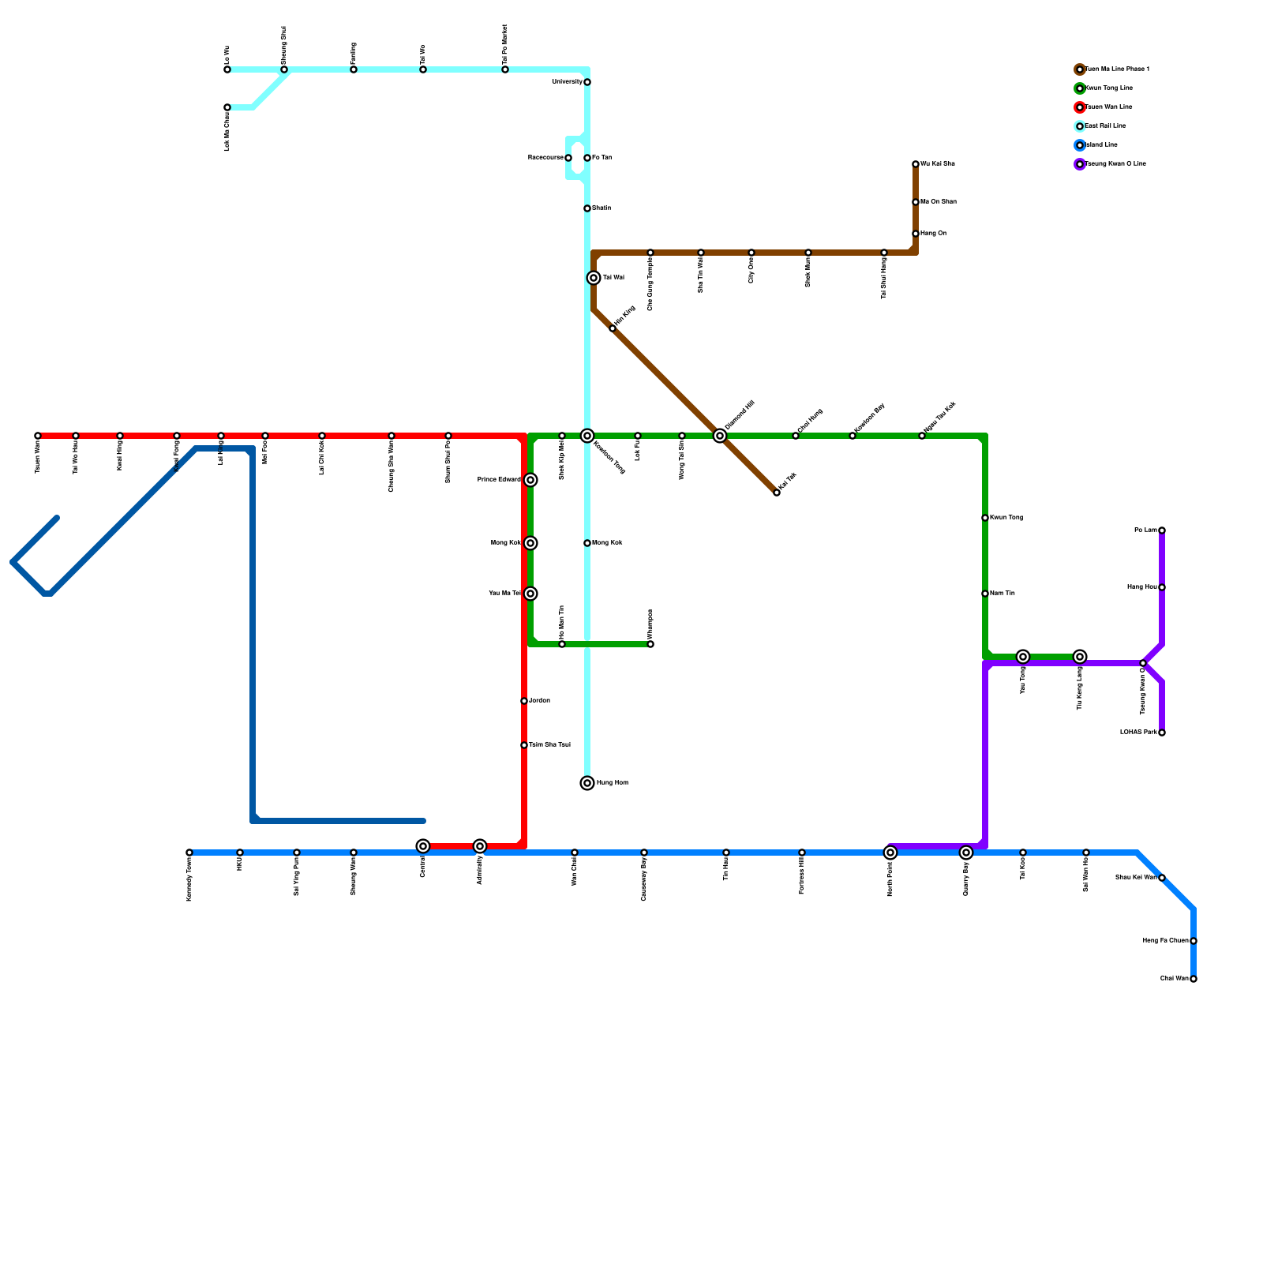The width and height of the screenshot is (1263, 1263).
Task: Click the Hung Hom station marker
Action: (587, 783)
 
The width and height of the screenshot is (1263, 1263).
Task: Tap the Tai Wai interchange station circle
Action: (594, 278)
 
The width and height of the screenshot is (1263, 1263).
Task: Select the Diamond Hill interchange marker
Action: (720, 436)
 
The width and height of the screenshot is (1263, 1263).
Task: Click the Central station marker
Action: (423, 846)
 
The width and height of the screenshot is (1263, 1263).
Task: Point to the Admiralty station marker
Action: (480, 846)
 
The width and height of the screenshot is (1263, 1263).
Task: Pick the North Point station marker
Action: (890, 853)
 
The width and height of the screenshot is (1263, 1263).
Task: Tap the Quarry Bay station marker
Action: (966, 853)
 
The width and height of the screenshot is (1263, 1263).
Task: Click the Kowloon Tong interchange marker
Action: (587, 436)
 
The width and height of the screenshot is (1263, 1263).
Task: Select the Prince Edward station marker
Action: (530, 480)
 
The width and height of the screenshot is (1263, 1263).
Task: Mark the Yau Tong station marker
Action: (1023, 657)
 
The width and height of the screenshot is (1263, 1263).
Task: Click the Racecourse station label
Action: (545, 158)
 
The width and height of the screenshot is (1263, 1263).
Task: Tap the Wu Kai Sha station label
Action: (938, 164)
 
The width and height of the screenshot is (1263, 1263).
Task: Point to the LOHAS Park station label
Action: (1138, 733)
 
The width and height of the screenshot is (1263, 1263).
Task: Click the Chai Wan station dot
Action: (1194, 979)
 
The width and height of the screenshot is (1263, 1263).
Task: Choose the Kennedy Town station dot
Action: (189, 853)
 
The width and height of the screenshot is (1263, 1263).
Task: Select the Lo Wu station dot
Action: (227, 69)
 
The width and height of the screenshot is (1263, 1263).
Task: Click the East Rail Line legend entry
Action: (1105, 126)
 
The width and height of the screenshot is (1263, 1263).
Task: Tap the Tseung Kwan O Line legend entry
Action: (1115, 164)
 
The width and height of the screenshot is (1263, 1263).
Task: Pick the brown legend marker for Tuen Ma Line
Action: (1080, 69)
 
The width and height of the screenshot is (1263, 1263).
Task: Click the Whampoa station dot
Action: (650, 644)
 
